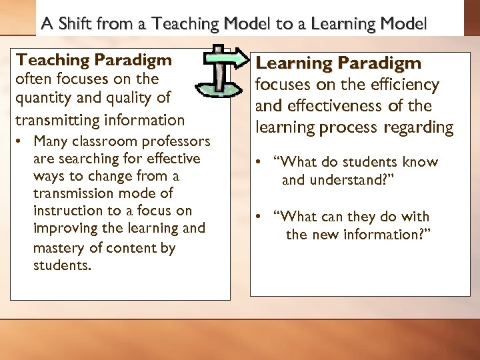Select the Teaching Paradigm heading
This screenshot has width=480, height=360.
coord(94,60)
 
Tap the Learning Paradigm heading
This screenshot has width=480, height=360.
coord(339,63)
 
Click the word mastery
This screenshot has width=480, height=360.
coord(58,249)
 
